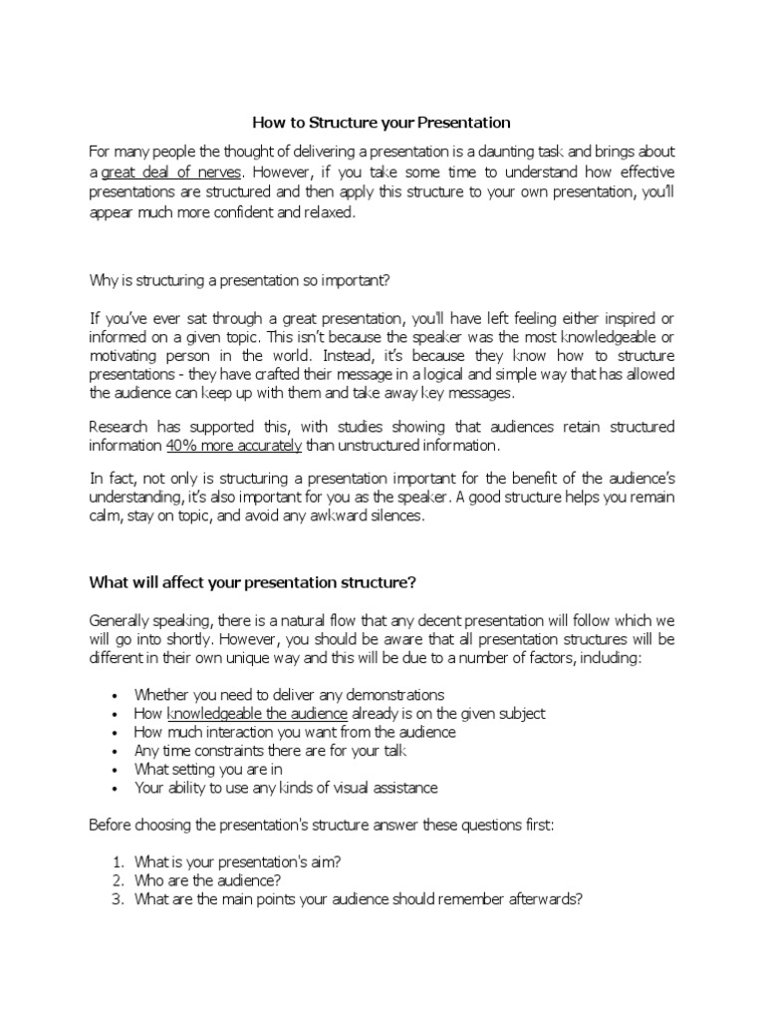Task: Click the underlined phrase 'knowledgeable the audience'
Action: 257,714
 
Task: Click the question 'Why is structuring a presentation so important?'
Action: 240,280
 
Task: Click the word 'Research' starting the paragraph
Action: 117,427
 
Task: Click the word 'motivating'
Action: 123,356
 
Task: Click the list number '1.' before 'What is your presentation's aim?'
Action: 118,861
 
